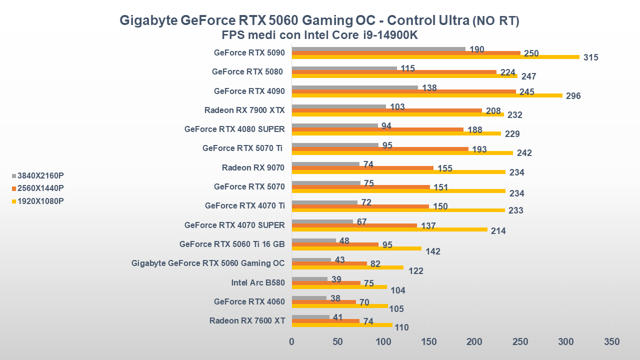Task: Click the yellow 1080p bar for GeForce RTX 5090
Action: tap(435, 57)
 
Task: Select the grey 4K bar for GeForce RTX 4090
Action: tap(354, 87)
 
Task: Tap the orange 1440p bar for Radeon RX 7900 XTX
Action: tap(386, 110)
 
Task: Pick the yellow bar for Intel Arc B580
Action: tap(339, 287)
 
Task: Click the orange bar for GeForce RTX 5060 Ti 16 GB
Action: tap(335, 244)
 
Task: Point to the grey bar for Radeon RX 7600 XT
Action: tap(310, 317)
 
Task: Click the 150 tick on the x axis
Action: tap(429, 342)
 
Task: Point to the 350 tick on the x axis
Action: tap(611, 342)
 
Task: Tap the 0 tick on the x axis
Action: tap(292, 342)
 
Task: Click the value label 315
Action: tap(590, 57)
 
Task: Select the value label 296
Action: tap(573, 96)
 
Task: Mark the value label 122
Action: tap(415, 271)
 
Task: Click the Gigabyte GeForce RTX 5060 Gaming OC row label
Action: tap(208, 263)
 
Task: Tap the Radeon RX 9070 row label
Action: tap(253, 167)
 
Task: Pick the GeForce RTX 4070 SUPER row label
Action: tap(234, 225)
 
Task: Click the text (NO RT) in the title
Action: tap(496, 21)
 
